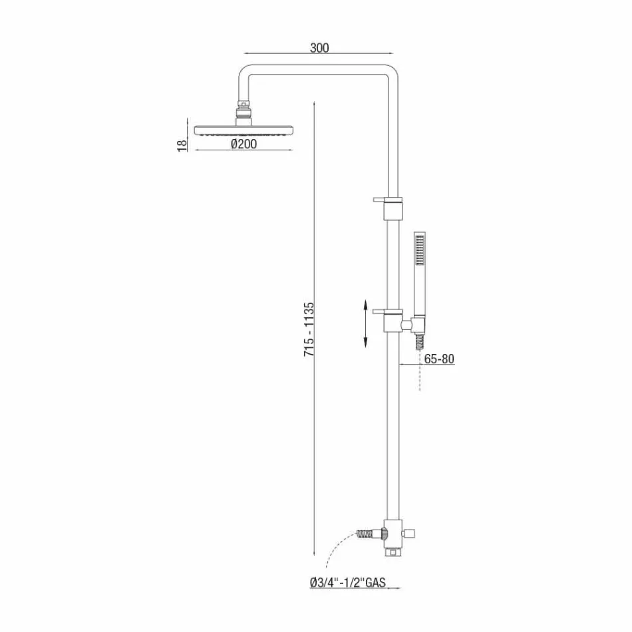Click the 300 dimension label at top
pos(319,48)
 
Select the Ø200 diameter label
pos(243,143)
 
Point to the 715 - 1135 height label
pos(309,331)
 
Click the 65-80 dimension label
pos(439,359)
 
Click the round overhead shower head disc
pos(244,128)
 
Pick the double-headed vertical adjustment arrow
pos(365,323)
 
